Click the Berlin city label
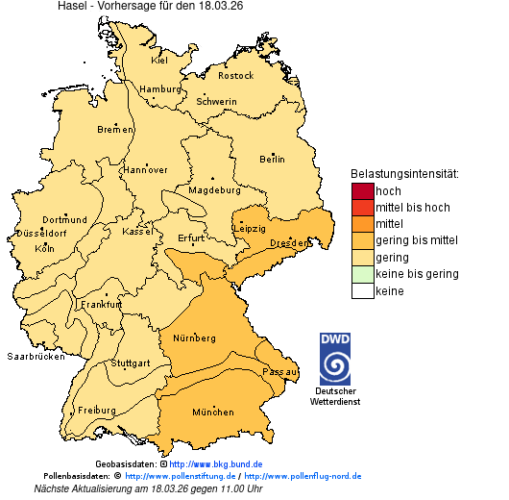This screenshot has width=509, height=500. (272, 160)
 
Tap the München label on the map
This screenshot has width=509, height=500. (212, 412)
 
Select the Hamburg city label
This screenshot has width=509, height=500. (160, 89)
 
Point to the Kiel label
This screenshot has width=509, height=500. (159, 60)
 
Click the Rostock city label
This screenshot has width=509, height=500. (235, 75)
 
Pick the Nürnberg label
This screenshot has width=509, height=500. (194, 338)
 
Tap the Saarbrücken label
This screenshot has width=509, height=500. (36, 356)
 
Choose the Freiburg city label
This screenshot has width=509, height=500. (97, 410)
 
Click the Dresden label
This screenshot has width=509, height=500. (289, 243)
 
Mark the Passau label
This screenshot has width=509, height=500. (280, 370)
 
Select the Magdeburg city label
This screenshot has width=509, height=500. (213, 190)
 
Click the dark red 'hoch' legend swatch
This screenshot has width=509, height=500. (362, 191)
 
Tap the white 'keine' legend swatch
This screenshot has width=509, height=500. (362, 290)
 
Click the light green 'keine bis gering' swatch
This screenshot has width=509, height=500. (362, 274)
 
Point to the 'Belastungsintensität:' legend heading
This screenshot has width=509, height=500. (404, 174)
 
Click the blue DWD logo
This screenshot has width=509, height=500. (335, 359)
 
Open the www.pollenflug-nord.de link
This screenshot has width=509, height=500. (303, 476)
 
